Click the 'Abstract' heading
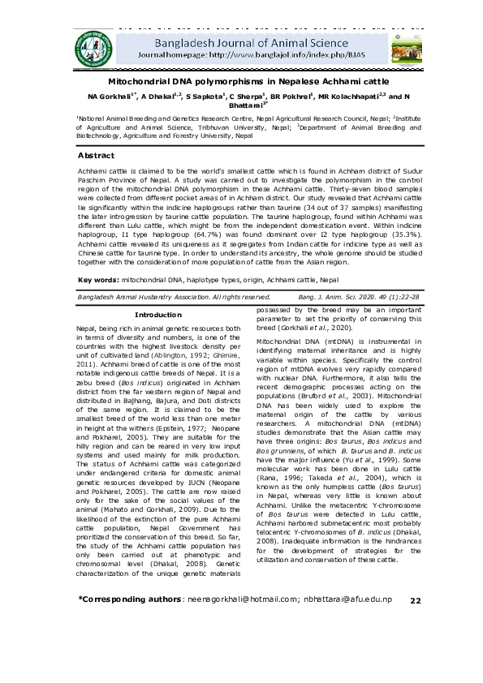(x=96, y=155)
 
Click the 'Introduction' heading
(x=157, y=314)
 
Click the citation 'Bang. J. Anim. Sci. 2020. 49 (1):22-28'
(x=367, y=298)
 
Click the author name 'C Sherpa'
(x=250, y=97)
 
